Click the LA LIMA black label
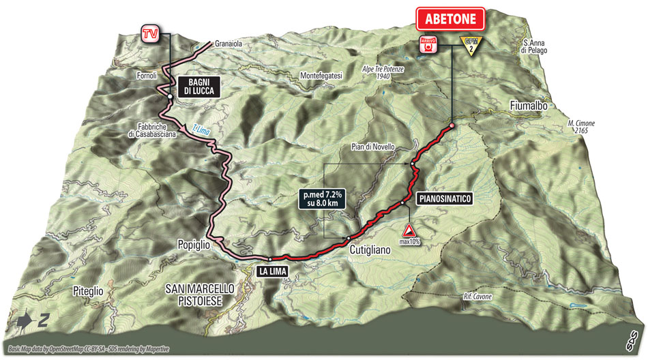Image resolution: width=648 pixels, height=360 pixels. click(276, 271)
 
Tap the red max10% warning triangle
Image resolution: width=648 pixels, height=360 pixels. click(408, 230)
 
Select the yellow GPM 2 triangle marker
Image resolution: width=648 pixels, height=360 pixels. click(469, 44)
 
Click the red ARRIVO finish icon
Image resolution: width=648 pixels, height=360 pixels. click(428, 45)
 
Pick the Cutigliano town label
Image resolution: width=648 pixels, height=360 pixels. click(370, 250)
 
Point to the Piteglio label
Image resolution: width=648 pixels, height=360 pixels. click(88, 290)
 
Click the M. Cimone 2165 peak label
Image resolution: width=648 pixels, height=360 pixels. click(580, 127)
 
